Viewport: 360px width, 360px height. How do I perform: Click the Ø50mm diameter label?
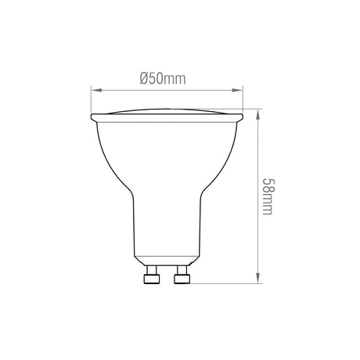(163, 78)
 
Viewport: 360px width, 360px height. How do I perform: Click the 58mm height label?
(268, 196)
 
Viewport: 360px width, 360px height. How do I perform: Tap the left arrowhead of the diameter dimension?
(96, 90)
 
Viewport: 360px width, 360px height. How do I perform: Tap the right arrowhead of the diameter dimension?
(237, 90)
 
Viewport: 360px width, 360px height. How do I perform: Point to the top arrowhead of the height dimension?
(258, 115)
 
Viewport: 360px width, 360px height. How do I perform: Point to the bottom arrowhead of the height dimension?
(258, 278)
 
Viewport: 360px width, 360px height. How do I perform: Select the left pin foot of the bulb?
(152, 279)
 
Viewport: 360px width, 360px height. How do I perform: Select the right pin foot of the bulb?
(182, 279)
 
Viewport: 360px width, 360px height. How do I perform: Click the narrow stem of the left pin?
(152, 270)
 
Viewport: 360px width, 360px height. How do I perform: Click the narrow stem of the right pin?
(182, 270)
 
